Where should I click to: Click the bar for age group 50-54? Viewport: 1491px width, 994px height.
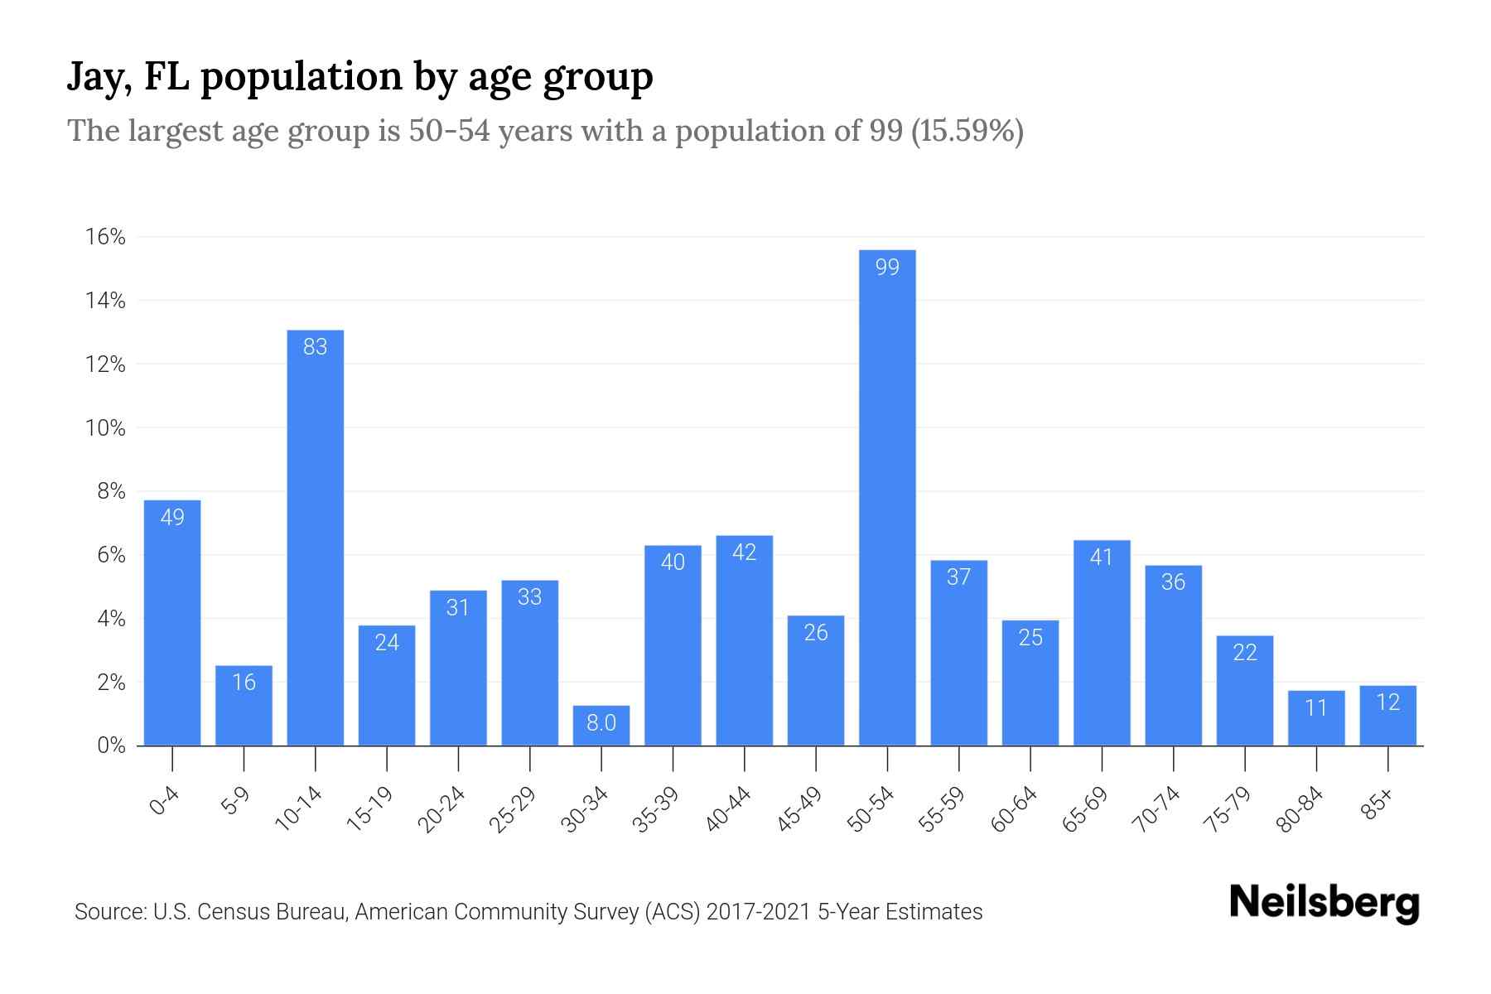pos(887,497)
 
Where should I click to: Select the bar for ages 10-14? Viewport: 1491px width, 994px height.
pos(315,538)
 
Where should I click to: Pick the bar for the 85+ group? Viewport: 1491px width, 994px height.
pos(1387,716)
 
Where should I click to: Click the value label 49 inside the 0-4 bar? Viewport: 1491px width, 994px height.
pos(172,518)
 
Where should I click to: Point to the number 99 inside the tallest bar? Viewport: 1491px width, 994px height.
pos(887,267)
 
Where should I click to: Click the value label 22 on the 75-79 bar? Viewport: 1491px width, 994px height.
pos(1245,653)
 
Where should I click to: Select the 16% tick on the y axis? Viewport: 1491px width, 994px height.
pos(105,238)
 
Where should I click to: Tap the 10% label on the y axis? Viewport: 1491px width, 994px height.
pos(105,428)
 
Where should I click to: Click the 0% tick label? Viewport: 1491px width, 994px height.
pos(111,745)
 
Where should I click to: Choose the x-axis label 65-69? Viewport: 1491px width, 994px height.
pos(1085,809)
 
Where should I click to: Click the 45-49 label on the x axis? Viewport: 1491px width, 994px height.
pos(799,809)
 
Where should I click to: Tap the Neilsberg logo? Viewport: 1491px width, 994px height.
pos(1324,903)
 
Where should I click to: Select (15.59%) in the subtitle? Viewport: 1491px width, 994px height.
pos(967,131)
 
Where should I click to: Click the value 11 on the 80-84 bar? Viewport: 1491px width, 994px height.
pos(1316,708)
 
